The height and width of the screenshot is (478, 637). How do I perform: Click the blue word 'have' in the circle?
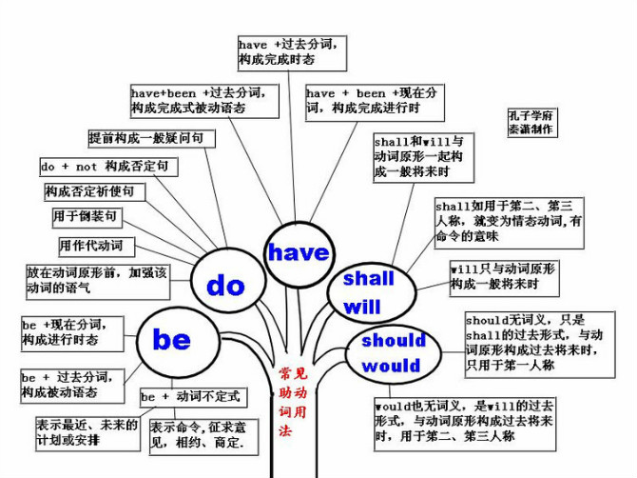299,252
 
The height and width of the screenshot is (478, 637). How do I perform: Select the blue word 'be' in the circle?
171,339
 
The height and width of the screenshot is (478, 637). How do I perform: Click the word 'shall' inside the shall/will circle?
369,279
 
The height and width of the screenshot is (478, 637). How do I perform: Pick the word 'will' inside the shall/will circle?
362,307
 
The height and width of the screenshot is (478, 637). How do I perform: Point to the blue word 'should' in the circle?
394,340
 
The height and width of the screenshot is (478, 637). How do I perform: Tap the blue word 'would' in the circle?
391,366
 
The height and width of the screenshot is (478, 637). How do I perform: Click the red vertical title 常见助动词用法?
294,402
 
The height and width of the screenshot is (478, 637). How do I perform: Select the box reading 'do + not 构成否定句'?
109,167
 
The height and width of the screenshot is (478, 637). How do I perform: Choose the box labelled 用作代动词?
97,247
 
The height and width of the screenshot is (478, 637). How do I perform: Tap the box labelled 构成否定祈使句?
95,191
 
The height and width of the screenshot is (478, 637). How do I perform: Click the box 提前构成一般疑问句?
151,139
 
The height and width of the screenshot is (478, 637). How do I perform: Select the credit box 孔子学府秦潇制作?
532,123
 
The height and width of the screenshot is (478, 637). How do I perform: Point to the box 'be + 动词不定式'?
193,397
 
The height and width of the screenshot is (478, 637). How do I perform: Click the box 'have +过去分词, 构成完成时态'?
292,53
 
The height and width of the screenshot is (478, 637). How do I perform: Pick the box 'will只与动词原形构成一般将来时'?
504,278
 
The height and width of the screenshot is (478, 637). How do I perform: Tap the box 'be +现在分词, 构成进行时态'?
72,334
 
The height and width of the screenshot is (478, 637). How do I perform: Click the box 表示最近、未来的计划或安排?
87,433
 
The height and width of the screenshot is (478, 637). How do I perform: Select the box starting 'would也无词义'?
465,425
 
